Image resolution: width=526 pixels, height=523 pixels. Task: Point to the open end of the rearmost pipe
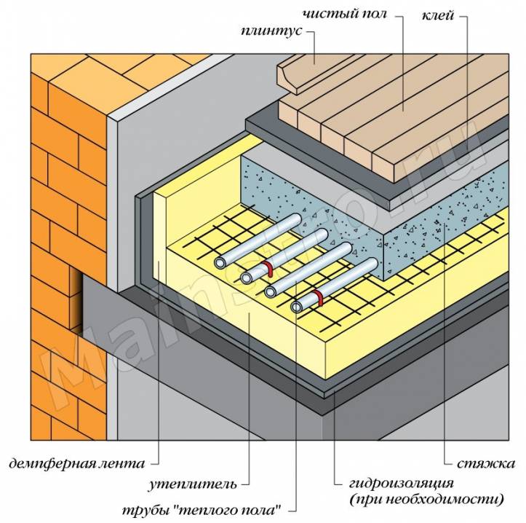219,261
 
